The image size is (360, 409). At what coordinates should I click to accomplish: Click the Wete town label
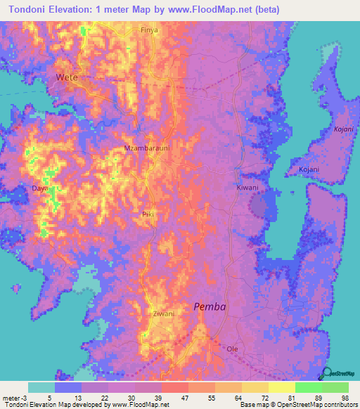point(67,77)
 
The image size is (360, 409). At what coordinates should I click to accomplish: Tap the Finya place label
point(149,30)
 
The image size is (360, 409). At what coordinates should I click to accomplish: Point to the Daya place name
point(40,188)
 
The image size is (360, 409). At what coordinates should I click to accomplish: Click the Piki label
point(148,214)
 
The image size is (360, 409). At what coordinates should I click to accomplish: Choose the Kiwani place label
point(247,188)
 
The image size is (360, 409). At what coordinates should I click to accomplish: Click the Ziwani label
point(163,313)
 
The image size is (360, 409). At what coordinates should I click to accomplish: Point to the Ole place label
point(233,349)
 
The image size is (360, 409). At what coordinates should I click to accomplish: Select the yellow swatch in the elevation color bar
point(281,387)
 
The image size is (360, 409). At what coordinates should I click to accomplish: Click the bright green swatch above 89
point(308,387)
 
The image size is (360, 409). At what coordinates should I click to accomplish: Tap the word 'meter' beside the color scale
point(10,397)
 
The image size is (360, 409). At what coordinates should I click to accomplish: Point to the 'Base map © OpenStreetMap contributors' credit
point(297,405)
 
